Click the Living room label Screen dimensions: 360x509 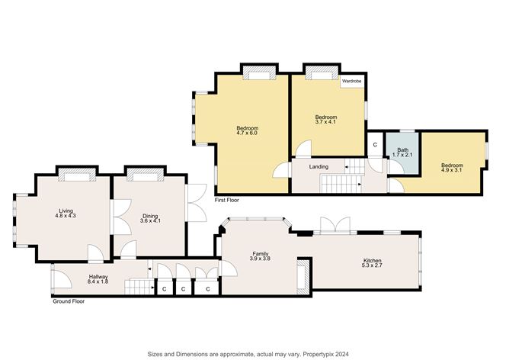tap(65, 210)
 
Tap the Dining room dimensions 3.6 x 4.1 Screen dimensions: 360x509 tap(149, 221)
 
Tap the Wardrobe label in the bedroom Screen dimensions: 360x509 tap(351, 80)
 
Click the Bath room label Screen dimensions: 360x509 tap(402, 149)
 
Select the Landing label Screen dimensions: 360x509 tap(319, 166)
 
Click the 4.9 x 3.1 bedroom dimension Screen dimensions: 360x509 tap(451, 171)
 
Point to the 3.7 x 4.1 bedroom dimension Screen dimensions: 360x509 tap(325, 121)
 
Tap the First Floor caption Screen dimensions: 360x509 tap(227, 201)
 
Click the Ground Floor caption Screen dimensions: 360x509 tap(68, 301)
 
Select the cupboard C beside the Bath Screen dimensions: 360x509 tap(375, 144)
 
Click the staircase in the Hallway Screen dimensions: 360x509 tap(137, 287)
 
